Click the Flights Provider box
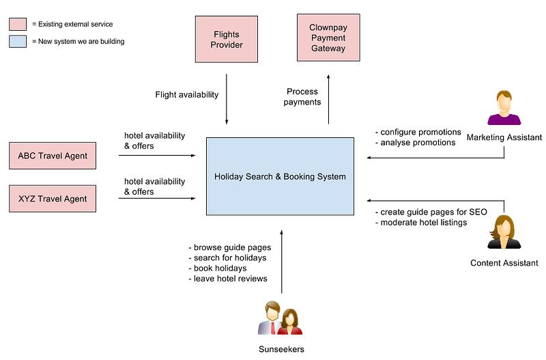[227, 39]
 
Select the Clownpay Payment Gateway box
[328, 38]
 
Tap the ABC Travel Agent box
[53, 156]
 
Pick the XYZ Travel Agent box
[53, 199]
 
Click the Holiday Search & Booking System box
[280, 176]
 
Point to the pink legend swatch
[18, 25]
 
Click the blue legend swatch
[18, 42]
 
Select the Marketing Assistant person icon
[504, 108]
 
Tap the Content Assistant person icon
[504, 232]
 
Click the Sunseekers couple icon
[281, 318]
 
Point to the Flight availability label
[187, 95]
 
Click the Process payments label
[302, 97]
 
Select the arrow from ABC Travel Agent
[157, 156]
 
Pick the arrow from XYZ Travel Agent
[157, 198]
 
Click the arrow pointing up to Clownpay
[328, 99]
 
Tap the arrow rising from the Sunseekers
[281, 262]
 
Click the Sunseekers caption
[281, 349]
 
